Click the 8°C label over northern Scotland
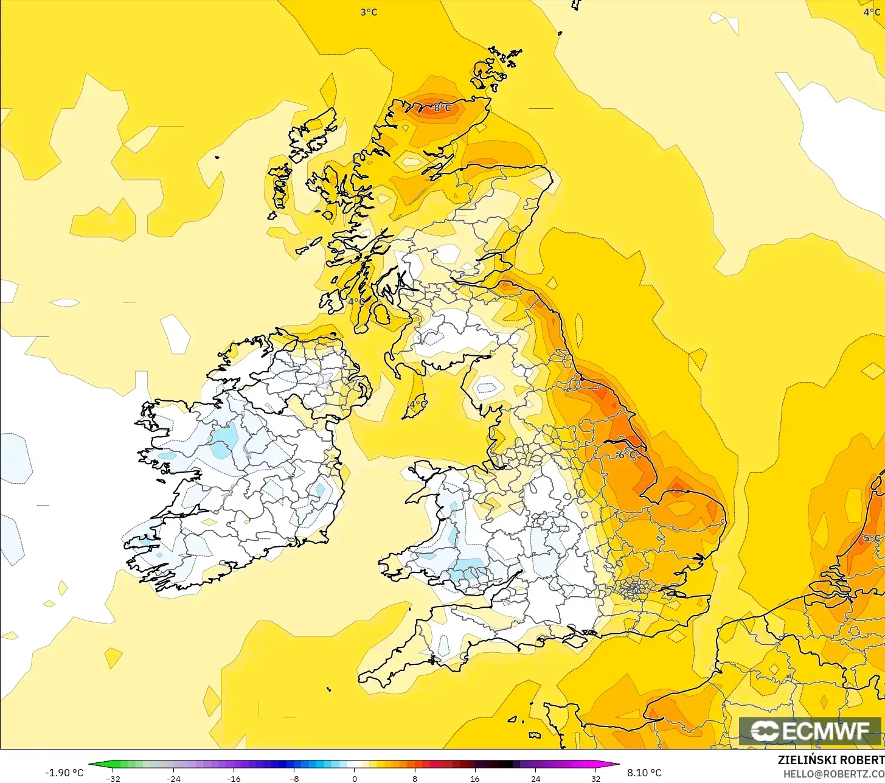click(x=442, y=108)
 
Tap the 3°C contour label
click(x=369, y=12)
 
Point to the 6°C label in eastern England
click(x=626, y=455)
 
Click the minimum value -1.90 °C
click(x=64, y=773)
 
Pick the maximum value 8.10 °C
click(x=644, y=773)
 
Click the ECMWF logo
click(x=810, y=731)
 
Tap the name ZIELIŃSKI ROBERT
click(x=831, y=760)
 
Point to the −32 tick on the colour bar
click(x=113, y=778)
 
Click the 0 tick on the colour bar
click(x=355, y=778)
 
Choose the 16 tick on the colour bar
click(x=475, y=778)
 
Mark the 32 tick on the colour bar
click(x=595, y=778)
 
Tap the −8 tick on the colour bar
click(x=294, y=778)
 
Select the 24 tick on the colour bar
click(x=535, y=778)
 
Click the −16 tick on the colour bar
click(x=234, y=778)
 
